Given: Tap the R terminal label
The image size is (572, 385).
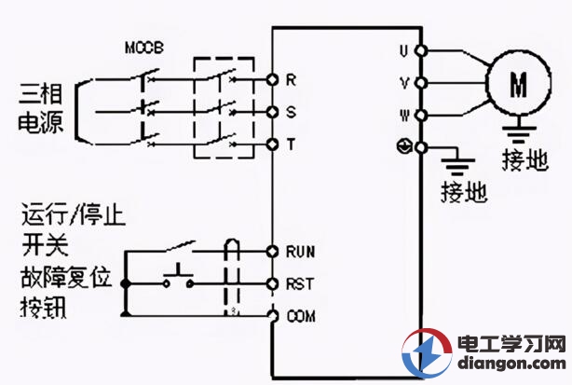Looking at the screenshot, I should click(x=292, y=81).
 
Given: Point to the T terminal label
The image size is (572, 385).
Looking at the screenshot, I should click(x=292, y=144).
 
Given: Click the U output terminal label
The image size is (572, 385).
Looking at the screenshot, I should click(x=404, y=48).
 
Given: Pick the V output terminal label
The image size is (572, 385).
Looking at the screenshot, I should click(x=404, y=82).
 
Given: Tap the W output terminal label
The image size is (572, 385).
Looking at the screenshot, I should click(x=404, y=116).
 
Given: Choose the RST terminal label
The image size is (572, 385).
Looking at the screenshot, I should click(x=298, y=282).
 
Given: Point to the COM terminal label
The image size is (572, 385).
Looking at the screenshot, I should click(x=300, y=316).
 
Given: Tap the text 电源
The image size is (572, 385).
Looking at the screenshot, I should click(x=41, y=124).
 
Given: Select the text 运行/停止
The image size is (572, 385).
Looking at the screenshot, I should click(x=74, y=218).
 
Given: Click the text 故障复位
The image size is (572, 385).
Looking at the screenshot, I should click(x=64, y=277).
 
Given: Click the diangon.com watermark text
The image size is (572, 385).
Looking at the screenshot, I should click(x=511, y=365).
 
